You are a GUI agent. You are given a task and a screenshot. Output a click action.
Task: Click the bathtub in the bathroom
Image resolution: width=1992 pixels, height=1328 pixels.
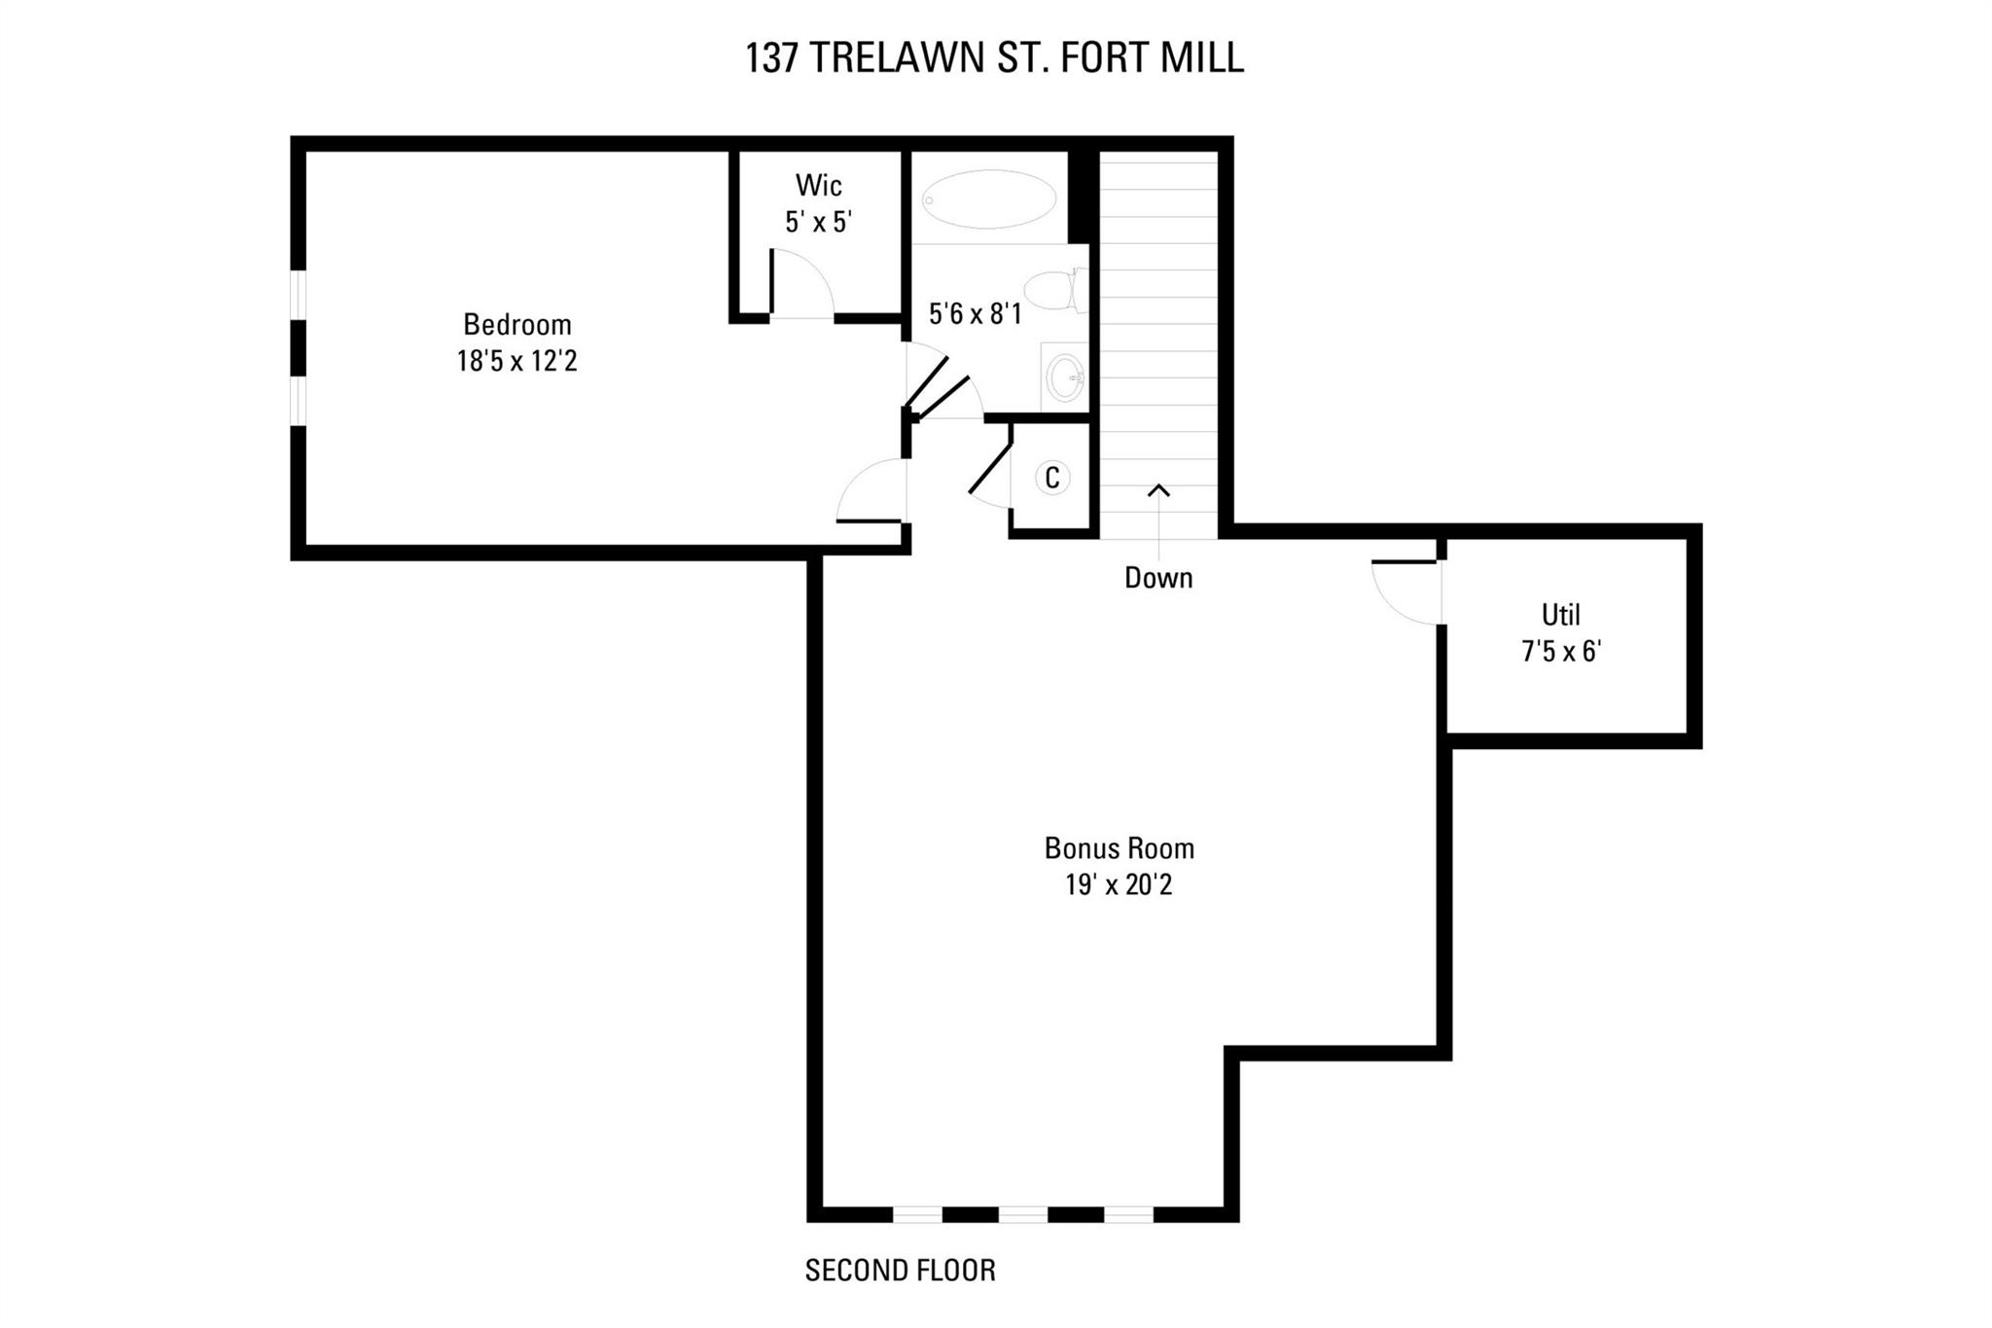tap(988, 199)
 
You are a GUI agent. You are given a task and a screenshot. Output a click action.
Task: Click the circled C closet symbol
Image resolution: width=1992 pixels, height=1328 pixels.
tap(1051, 478)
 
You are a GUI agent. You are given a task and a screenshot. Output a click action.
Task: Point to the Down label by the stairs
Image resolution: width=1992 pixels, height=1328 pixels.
tap(1157, 578)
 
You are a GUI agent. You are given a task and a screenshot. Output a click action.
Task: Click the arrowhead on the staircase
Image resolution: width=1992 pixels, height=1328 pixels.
tap(1157, 490)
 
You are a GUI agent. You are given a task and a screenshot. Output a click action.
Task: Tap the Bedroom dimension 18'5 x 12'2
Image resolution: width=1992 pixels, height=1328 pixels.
tap(516, 362)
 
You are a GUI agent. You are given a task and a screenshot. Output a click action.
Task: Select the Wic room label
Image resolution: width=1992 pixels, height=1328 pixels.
tap(818, 185)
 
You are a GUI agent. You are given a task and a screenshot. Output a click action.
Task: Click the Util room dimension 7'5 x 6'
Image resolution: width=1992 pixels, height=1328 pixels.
tap(1560, 652)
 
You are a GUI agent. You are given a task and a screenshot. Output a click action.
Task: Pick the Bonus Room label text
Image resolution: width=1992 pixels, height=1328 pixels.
tap(1119, 848)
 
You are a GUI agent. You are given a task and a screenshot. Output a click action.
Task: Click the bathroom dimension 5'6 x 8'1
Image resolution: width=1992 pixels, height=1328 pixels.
tap(975, 314)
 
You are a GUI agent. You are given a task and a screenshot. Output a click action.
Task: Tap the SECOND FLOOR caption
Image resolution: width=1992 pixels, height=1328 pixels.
tap(900, 1271)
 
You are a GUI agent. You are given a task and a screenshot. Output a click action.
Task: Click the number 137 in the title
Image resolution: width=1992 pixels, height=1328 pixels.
tap(771, 58)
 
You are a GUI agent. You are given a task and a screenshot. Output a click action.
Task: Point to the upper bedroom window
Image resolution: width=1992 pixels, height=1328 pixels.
tap(299, 295)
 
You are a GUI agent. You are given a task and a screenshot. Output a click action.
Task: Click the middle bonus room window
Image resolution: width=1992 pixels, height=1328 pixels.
tap(1022, 1214)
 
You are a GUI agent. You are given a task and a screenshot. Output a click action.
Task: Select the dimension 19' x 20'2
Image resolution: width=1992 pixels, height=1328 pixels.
tap(1119, 885)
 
